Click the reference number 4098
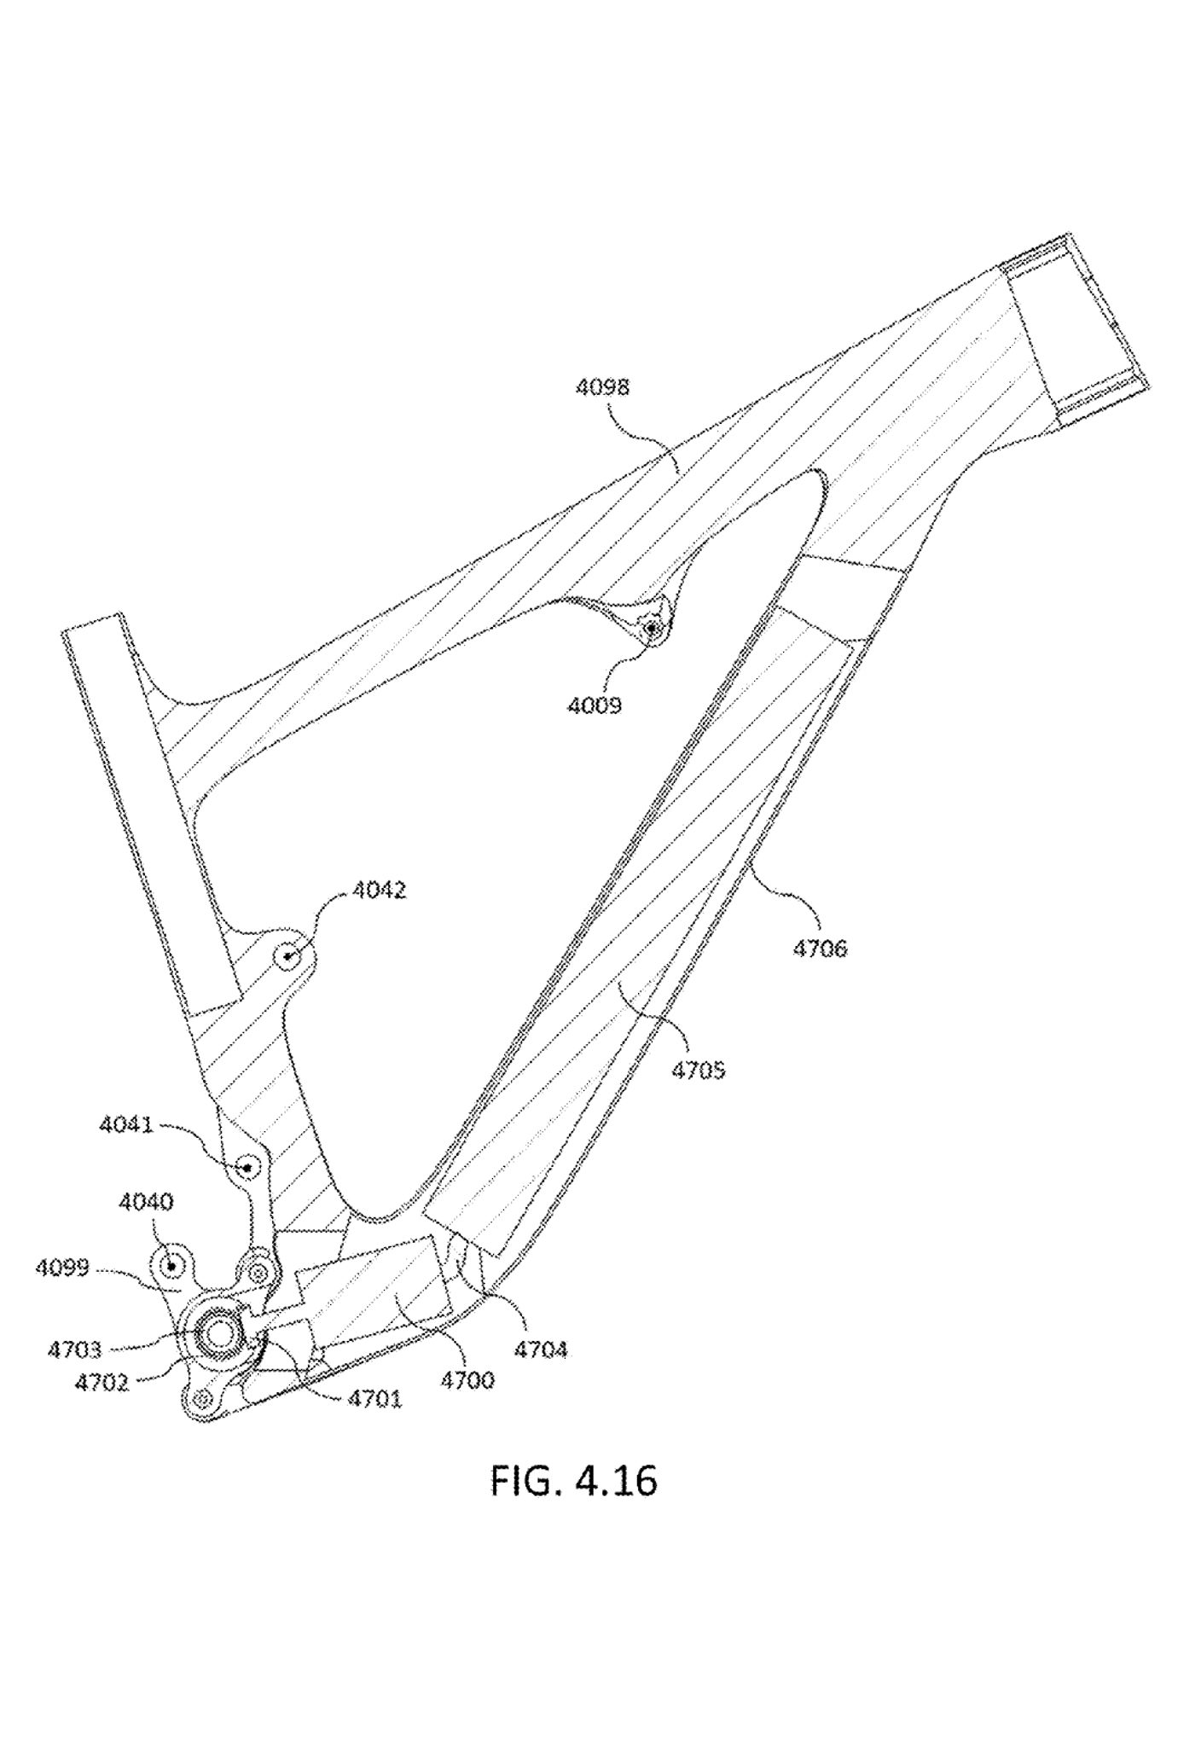pos(602,387)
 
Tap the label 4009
pos(595,705)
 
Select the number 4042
pos(379,891)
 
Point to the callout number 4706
pos(820,949)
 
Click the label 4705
pos(698,1070)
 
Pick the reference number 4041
pos(126,1125)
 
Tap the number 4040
pos(146,1203)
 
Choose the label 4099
pos(62,1268)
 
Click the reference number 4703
pos(74,1349)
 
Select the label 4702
pos(101,1383)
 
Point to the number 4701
pos(374,1399)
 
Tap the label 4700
pos(467,1379)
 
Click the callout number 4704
pos(540,1349)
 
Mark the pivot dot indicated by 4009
pos(652,629)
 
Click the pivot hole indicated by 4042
pos(288,956)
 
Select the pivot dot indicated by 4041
pos(247,1166)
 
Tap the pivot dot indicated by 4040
pos(171,1266)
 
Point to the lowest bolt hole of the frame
pos(202,1400)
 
